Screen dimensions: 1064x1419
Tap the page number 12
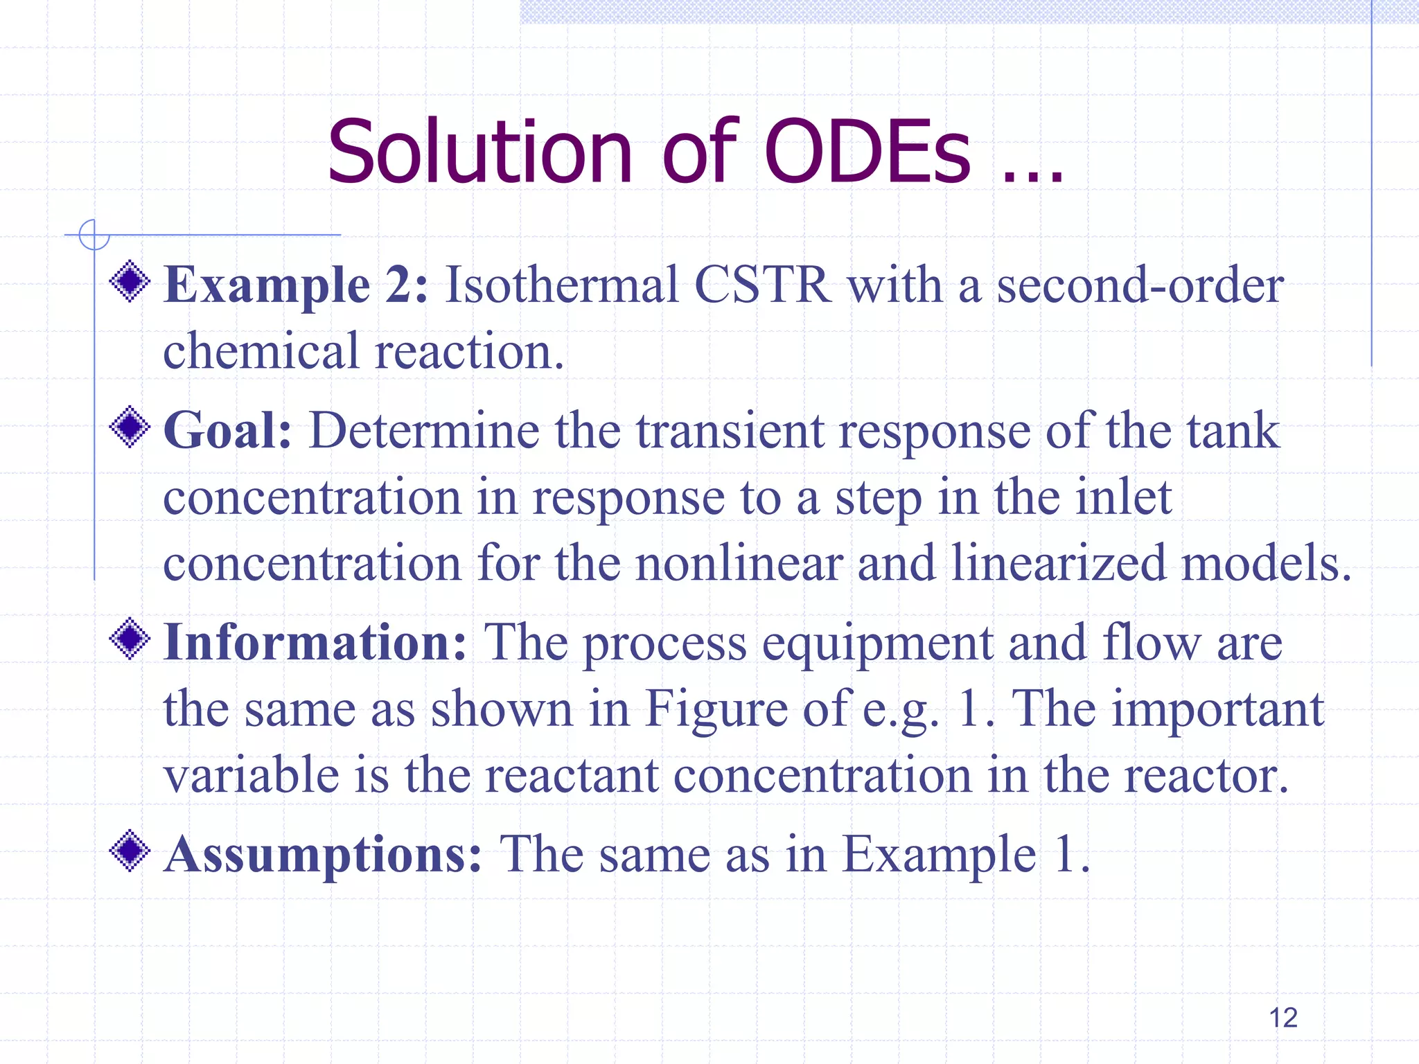coord(1283,1018)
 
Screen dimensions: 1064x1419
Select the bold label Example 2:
coord(296,285)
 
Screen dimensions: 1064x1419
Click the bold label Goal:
coord(227,431)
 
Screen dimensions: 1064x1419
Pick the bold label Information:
coord(315,643)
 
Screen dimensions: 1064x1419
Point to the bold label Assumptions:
coord(322,854)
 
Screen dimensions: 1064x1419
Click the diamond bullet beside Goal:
coord(130,427)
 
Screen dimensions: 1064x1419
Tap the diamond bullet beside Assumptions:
coord(130,851)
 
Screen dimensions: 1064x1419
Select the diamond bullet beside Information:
coord(130,639)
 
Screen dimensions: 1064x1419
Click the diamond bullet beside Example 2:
coord(130,282)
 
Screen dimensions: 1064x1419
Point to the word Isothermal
coord(561,285)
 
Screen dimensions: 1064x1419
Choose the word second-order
coord(1140,285)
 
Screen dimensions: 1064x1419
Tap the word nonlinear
coord(739,562)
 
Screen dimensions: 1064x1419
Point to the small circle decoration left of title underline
coord(94,235)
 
